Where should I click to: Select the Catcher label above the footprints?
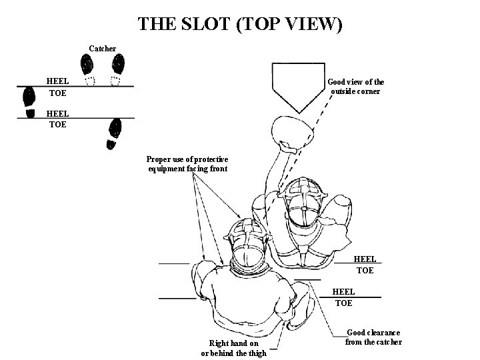click(x=103, y=48)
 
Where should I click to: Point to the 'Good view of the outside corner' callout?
click(x=355, y=87)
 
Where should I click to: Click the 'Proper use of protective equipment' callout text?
click(x=187, y=164)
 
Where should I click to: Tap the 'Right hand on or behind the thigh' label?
click(x=233, y=348)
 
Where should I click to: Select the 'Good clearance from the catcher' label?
click(x=373, y=337)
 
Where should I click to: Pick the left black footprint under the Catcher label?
click(x=87, y=65)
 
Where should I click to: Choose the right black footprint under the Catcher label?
click(x=118, y=65)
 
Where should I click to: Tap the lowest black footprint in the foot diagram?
click(x=114, y=133)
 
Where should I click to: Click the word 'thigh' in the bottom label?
click(x=254, y=353)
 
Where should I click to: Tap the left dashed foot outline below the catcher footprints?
click(x=91, y=81)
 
